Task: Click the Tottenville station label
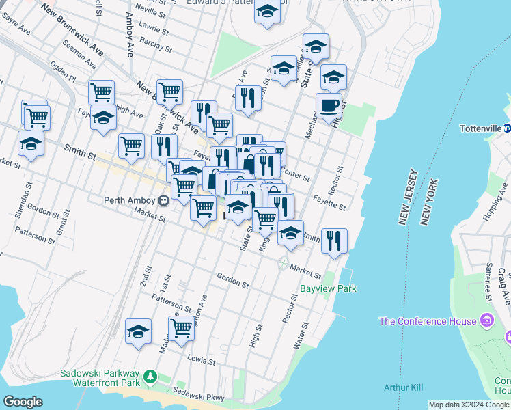[x=480, y=128]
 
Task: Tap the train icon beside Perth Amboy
[x=163, y=201]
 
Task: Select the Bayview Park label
[x=329, y=288]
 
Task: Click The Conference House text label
[x=428, y=321]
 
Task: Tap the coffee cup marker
[x=329, y=106]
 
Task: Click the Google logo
[x=23, y=402]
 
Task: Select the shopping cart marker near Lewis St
[x=181, y=328]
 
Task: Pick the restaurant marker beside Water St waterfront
[x=334, y=241]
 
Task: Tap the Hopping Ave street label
[x=491, y=208]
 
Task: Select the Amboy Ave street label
[x=129, y=41]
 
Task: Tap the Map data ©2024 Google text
[x=469, y=405]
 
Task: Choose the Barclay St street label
[x=156, y=45]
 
